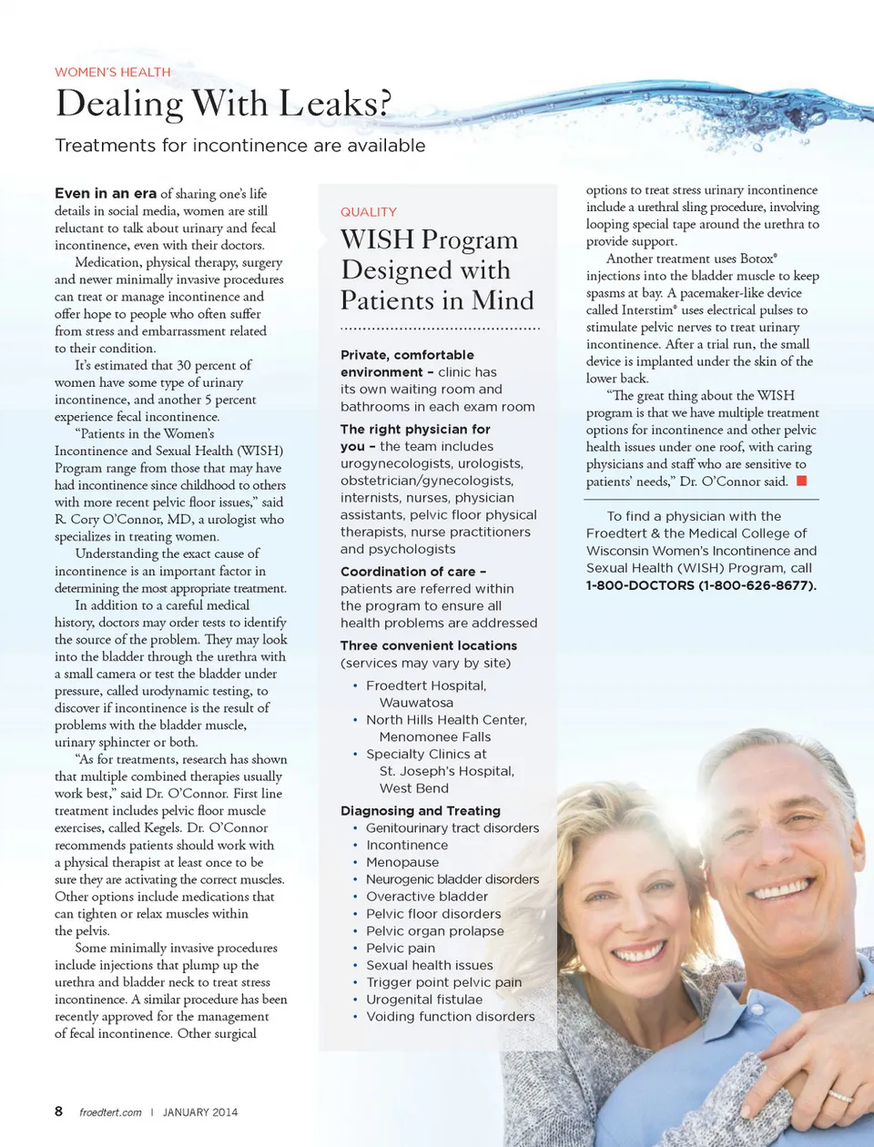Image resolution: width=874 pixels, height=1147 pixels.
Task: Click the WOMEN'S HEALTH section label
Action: point(113,72)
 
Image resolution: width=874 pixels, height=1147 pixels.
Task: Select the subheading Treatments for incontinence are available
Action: point(239,146)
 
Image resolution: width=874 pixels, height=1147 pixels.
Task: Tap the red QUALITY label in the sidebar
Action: point(368,212)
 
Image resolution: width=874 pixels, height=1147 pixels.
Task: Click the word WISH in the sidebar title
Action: point(376,240)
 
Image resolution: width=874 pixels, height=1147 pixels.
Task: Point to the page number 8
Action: point(59,1111)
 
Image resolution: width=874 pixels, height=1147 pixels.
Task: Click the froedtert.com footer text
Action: point(110,1112)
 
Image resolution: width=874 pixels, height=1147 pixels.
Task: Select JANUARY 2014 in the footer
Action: point(200,1112)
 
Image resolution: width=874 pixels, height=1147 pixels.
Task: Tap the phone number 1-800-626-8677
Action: point(757,585)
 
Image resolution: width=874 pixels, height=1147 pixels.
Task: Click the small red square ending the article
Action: point(802,481)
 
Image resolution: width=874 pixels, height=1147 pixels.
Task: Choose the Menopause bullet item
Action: point(402,862)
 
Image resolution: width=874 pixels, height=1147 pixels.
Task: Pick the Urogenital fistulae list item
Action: point(424,1000)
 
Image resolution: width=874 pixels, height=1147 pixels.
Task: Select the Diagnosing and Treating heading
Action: point(421,811)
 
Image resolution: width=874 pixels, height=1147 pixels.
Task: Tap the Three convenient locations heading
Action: point(429,645)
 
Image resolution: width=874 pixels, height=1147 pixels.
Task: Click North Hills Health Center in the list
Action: point(446,720)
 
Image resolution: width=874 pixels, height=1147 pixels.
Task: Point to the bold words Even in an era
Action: point(106,193)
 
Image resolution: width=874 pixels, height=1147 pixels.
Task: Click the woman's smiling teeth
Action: point(640,953)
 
